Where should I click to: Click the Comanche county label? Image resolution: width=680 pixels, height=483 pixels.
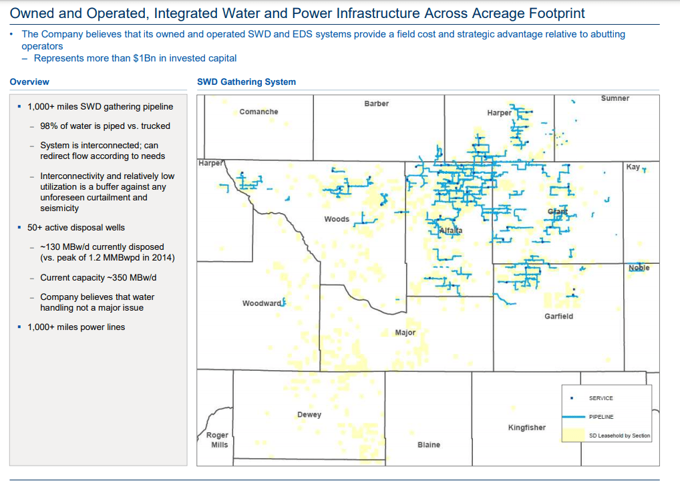pos(259,112)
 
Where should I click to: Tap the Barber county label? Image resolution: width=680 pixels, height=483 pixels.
pos(376,104)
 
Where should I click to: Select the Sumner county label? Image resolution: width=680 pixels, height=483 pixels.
pos(615,98)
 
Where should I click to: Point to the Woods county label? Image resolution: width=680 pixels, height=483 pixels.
pos(337,219)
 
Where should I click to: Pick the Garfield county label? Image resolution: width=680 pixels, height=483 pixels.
pos(558,316)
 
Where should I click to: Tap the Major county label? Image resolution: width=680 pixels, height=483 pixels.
pos(405,332)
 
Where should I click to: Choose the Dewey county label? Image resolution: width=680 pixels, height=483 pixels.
pos(309,414)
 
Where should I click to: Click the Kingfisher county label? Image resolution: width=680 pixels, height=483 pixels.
pos(526,428)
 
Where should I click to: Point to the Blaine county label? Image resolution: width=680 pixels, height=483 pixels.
pos(428,444)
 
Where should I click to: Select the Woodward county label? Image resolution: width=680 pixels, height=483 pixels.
pos(261,303)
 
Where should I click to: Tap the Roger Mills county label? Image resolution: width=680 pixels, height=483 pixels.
pos(219,440)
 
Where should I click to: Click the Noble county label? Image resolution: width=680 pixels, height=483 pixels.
pos(639,268)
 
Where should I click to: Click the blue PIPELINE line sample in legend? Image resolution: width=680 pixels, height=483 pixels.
pos(571,417)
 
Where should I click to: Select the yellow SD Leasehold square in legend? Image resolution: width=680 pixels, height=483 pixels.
pos(571,435)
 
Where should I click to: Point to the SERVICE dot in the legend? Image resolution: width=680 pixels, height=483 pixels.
pos(571,398)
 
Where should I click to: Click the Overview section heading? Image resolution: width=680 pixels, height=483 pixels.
pos(29,82)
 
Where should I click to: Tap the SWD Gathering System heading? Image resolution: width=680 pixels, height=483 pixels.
pos(246,82)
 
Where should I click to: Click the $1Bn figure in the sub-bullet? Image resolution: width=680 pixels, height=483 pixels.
pos(144,58)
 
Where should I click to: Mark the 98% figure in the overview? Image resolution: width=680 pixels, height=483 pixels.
pos(48,126)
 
